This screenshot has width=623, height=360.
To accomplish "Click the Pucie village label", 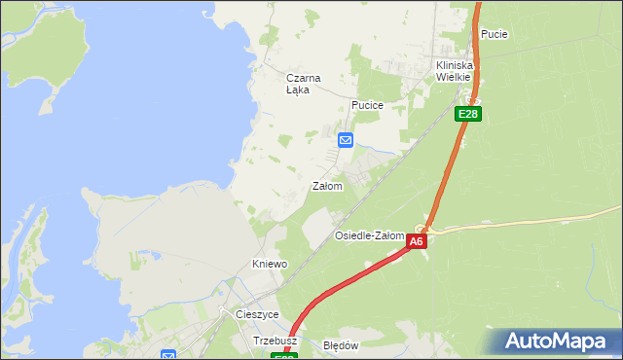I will (495, 34).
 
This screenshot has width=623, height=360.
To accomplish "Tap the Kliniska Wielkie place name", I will (454, 71).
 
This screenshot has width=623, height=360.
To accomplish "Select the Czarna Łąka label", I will (303, 84).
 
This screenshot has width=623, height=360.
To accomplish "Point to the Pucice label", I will (367, 104).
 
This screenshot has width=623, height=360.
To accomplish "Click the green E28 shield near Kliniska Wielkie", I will (468, 114).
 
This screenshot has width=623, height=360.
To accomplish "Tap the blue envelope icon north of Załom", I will (346, 141).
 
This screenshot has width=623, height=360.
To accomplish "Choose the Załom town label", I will (327, 186).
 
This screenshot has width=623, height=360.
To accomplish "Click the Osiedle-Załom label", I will (369, 235).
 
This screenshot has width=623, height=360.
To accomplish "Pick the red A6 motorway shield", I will (417, 241).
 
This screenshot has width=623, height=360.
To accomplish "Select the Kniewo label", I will (270, 264).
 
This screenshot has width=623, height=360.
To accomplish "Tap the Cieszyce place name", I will (258, 314).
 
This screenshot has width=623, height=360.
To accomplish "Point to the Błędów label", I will (341, 345).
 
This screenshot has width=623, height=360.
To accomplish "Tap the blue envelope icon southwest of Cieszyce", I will (167, 356).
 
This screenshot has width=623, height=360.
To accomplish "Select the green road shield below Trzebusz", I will (283, 357).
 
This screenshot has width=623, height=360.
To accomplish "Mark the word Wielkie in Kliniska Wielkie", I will (454, 77).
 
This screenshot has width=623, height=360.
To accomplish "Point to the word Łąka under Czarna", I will (298, 90).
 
